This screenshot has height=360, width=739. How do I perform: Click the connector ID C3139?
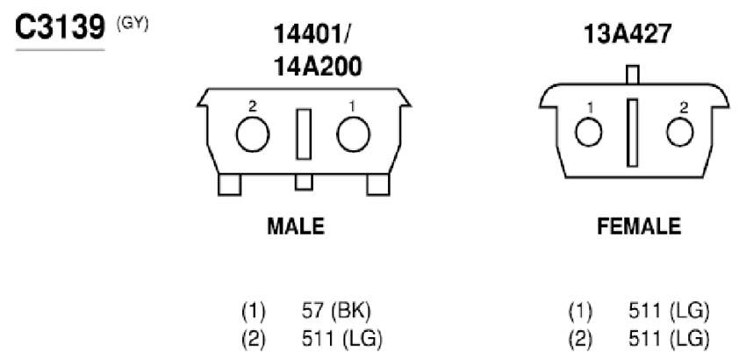point(60,28)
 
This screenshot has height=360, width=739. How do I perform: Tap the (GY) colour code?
point(133,24)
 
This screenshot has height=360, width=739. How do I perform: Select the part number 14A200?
point(318,67)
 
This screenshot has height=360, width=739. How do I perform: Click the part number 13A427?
point(628,33)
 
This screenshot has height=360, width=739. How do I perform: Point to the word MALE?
point(296,227)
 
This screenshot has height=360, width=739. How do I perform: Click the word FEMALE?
point(639,227)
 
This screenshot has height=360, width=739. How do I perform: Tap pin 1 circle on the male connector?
point(354,135)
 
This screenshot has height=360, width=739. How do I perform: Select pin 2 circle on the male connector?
point(253,135)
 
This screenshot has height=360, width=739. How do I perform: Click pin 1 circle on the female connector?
point(589,133)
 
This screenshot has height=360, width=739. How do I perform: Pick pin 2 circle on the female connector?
point(680,133)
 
